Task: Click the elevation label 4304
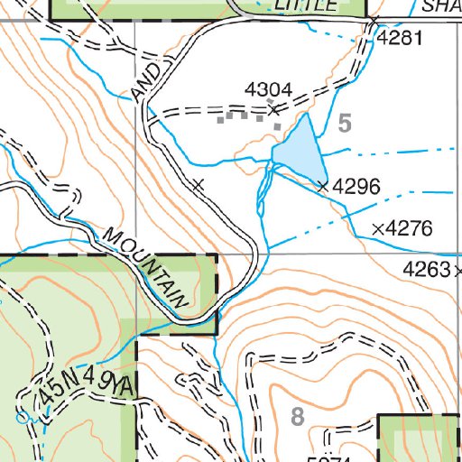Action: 269,89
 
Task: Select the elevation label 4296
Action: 356,187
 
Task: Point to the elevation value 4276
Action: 409,228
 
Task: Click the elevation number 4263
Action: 428,269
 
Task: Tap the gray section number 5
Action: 345,124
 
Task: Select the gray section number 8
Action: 299,416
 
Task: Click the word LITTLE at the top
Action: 310,5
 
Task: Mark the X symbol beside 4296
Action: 323,186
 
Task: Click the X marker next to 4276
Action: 378,228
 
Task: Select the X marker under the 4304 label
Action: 273,110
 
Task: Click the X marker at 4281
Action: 373,21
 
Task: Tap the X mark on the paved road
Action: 199,185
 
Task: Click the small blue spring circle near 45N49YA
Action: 22,418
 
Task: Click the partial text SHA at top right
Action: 441,5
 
